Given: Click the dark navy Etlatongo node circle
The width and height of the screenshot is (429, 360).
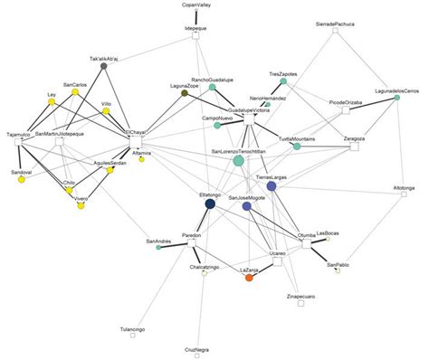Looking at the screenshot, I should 210,204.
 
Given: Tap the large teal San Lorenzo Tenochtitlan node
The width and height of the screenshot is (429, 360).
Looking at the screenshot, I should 239,161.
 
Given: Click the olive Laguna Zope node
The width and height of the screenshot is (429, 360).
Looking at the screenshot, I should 185,94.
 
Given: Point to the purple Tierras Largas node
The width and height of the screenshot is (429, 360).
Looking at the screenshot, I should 272,186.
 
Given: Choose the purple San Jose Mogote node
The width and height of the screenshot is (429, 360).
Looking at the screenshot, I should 246,207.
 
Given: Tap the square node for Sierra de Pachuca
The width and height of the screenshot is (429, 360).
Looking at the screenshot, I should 334,31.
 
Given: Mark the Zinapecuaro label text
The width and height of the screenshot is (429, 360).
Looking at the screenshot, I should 304,296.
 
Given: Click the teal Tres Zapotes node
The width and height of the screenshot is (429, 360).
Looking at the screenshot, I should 283,83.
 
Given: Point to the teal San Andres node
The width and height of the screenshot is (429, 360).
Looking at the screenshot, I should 158,250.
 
